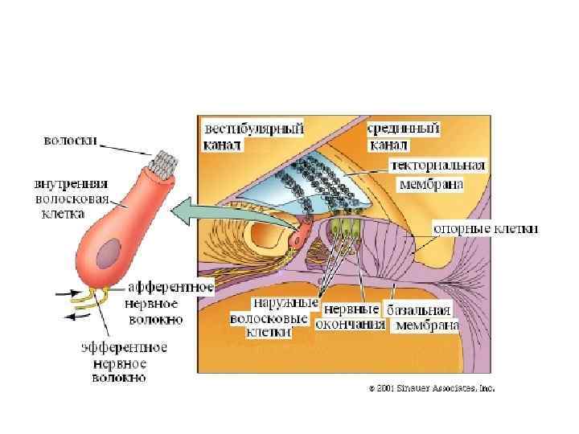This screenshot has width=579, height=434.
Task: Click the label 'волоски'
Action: [70, 141]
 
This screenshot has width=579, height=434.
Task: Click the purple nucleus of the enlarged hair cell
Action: [108, 256]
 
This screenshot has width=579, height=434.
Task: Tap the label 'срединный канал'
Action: [403, 137]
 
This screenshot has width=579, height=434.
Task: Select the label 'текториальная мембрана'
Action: [437, 174]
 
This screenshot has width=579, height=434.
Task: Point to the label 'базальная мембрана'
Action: [424, 317]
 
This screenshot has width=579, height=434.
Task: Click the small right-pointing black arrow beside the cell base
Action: [64, 294]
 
